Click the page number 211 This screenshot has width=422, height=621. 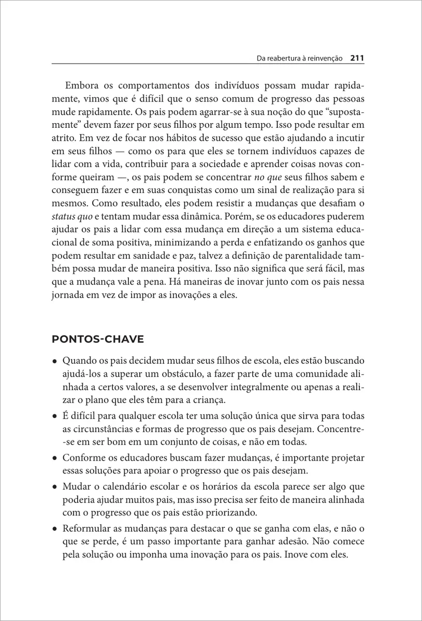[358, 58]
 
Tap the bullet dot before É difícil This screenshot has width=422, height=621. [55, 417]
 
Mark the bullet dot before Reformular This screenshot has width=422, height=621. [55, 529]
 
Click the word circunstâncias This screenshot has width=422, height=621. [101, 430]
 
